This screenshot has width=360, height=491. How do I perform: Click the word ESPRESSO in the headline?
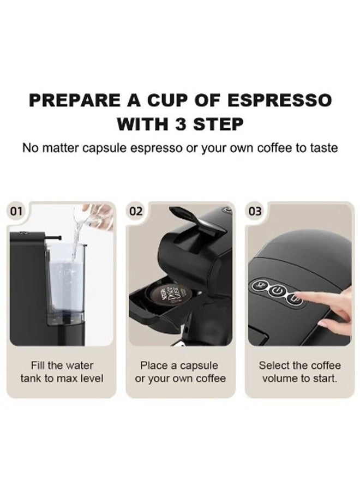coord(279,100)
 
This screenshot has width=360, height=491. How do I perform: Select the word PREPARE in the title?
coord(75,100)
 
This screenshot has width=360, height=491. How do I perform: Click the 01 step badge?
coord(16,211)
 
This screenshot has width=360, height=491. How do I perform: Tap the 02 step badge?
coord(136,211)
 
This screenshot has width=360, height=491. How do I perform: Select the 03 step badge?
coord(255,211)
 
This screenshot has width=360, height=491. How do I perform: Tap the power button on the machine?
coord(277,291)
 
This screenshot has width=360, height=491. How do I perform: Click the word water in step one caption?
coord(79,366)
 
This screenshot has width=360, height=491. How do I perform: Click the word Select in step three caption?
coord(274,366)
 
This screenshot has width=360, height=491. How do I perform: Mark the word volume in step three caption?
coord(280,379)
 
